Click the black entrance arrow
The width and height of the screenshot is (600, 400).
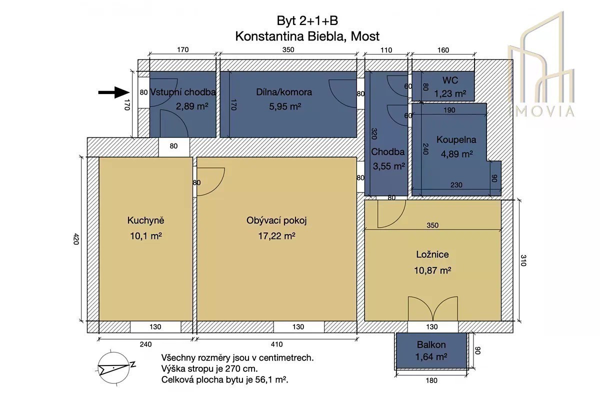pyautogui.click(x=114, y=92)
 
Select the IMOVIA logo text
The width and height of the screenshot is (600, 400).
pyautogui.click(x=541, y=111)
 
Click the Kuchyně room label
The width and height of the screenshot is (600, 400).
pyautogui.click(x=145, y=220)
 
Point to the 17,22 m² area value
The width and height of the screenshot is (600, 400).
pyautogui.click(x=276, y=236)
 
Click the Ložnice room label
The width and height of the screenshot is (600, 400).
pyautogui.click(x=432, y=254)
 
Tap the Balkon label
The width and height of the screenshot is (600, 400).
pyautogui.click(x=431, y=344)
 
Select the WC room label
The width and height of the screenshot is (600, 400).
pyautogui.click(x=450, y=80)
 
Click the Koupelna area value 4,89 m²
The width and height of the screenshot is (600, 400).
pyautogui.click(x=456, y=154)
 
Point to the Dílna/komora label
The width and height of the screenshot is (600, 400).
pyautogui.click(x=284, y=92)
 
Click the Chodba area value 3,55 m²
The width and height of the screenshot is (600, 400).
pyautogui.click(x=388, y=166)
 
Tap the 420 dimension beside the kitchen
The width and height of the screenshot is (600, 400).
pyautogui.click(x=76, y=239)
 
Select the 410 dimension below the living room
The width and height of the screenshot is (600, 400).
pyautogui.click(x=276, y=344)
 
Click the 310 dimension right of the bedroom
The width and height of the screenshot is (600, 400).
pyautogui.click(x=523, y=260)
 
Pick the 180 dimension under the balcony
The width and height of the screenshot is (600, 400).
pyautogui.click(x=431, y=380)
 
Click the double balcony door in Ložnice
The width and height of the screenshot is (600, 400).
pyautogui.click(x=433, y=308)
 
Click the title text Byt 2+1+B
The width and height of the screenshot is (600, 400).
pyautogui.click(x=307, y=20)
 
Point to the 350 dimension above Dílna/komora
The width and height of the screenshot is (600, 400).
pyautogui.click(x=288, y=50)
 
